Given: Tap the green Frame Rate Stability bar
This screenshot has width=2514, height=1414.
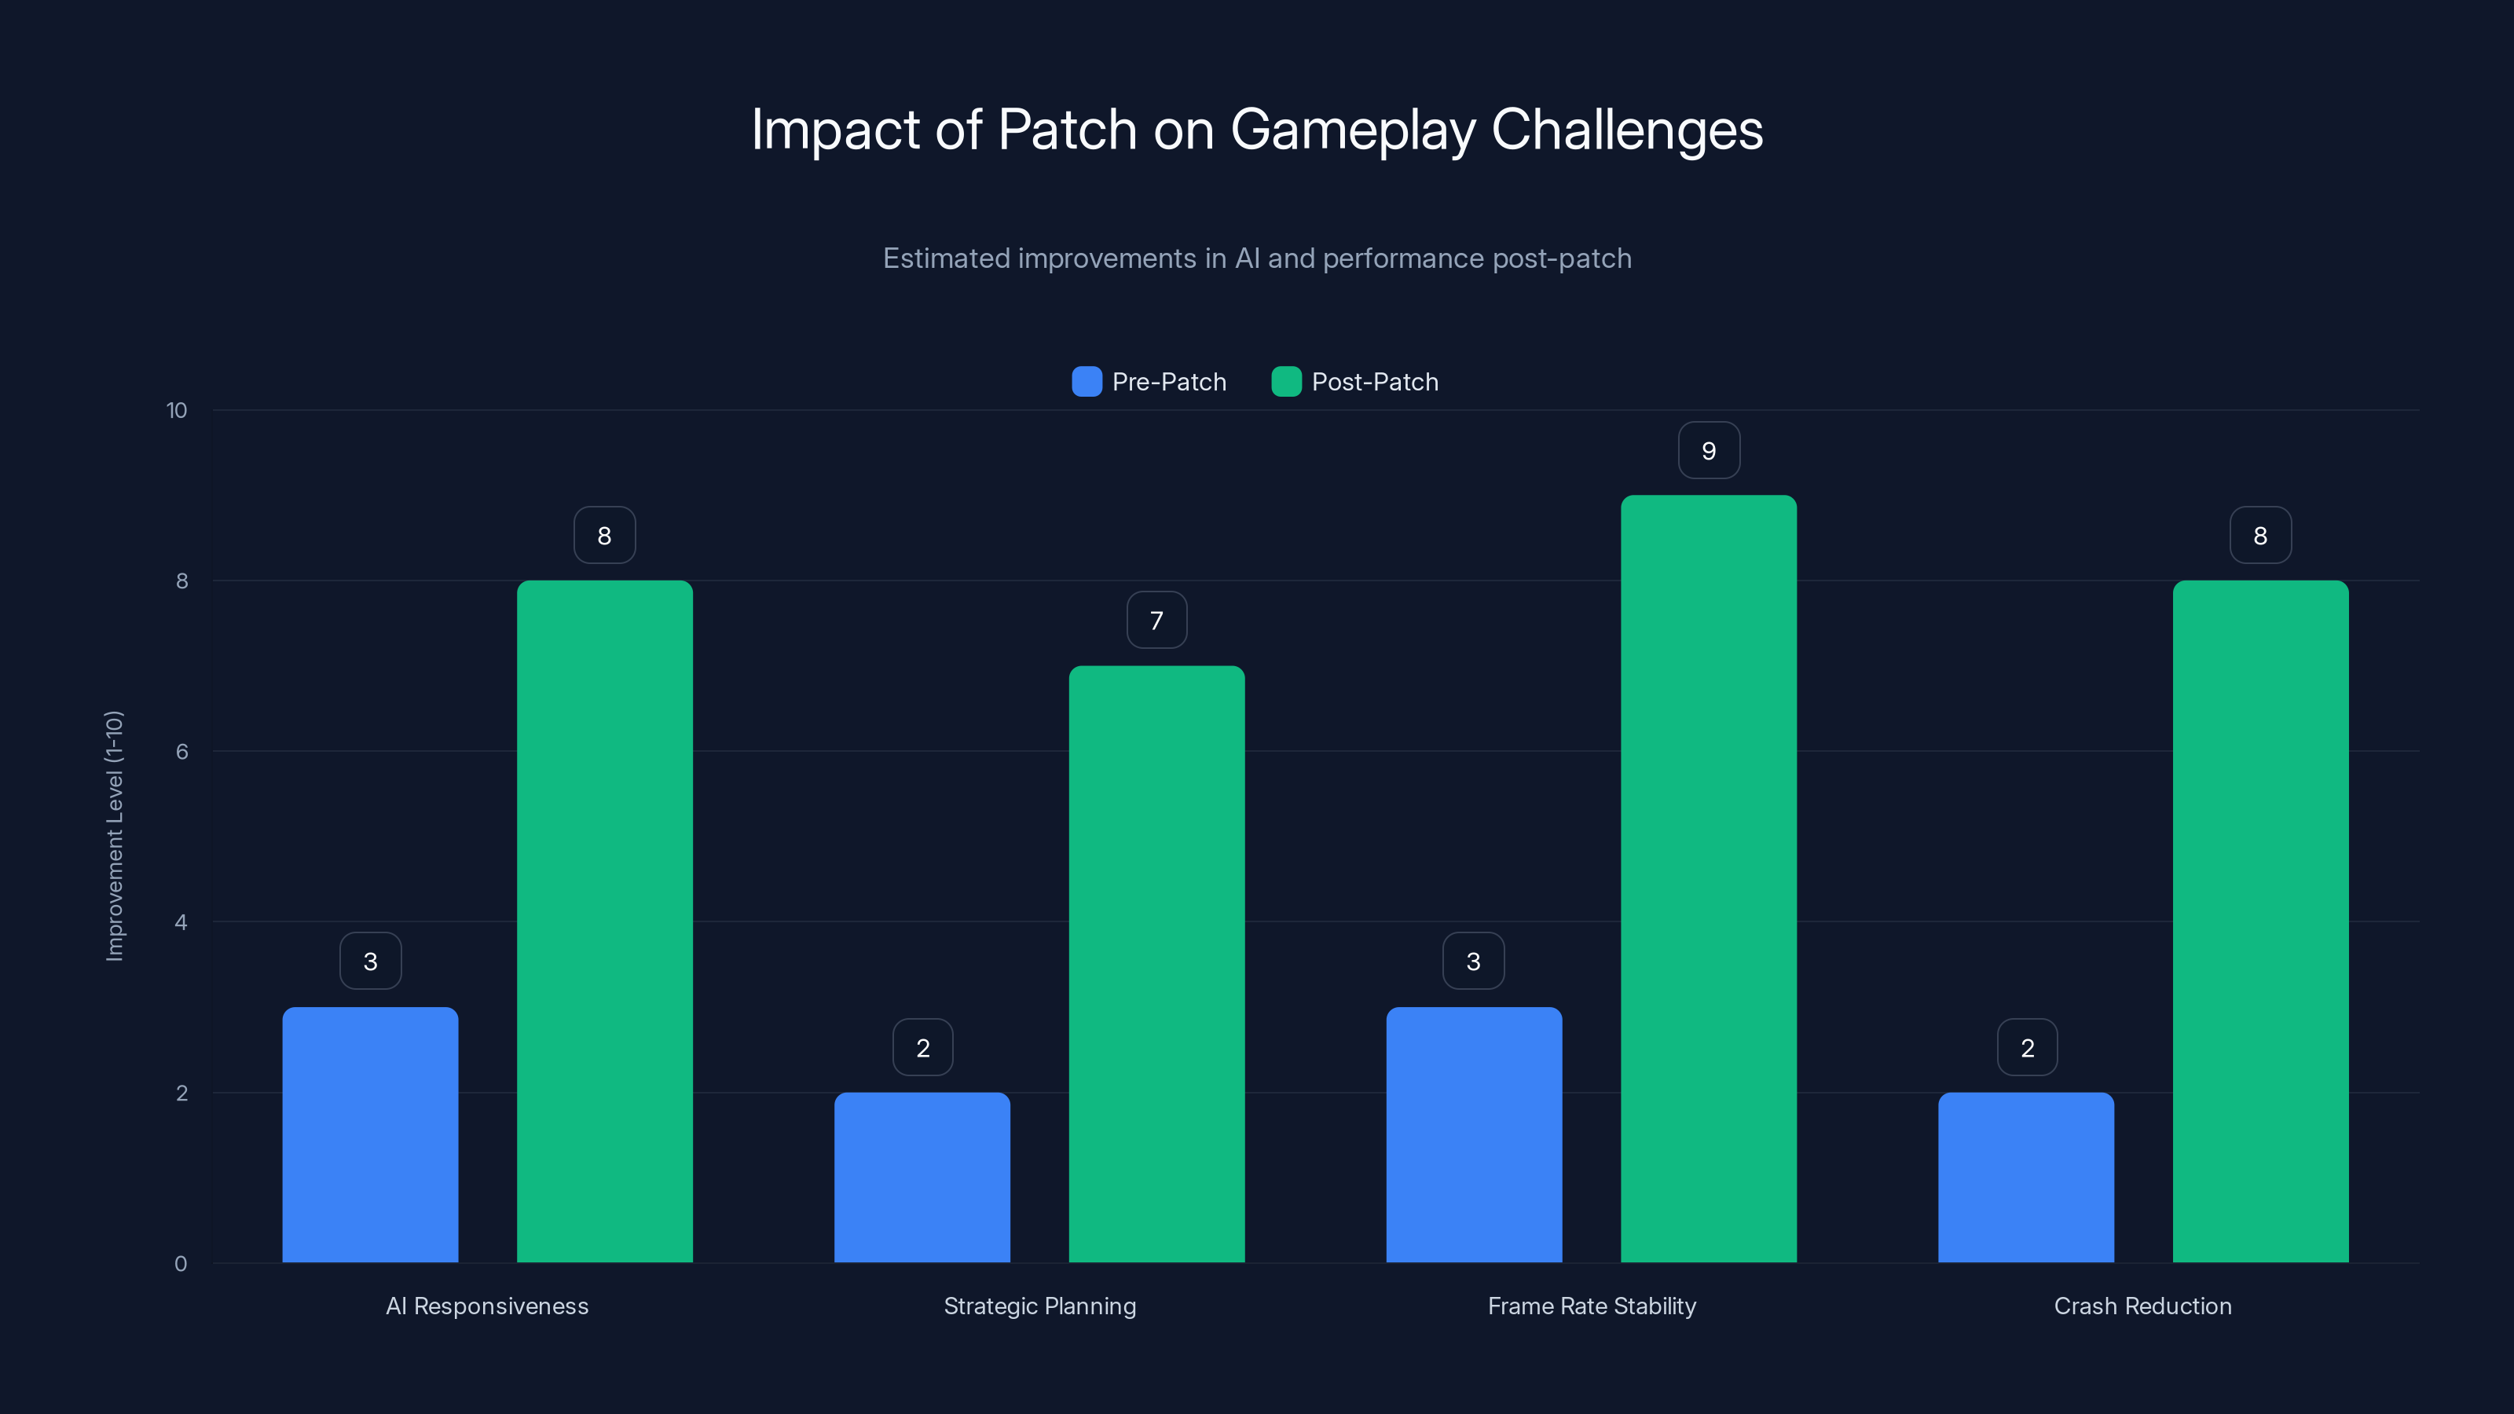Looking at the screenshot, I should point(1708,878).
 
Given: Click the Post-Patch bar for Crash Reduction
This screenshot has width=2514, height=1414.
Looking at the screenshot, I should point(2260,921).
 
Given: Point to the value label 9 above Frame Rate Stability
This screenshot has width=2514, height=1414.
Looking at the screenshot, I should point(1709,451).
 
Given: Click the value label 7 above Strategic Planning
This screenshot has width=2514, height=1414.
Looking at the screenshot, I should point(1156,621).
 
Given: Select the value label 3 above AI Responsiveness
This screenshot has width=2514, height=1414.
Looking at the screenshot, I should point(370,962).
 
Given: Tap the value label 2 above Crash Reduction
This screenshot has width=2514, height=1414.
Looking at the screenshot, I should point(2027,1048).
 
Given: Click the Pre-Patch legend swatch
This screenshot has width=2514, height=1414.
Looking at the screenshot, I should point(1087,382).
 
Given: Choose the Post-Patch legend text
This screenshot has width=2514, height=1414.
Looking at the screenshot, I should point(1374,382).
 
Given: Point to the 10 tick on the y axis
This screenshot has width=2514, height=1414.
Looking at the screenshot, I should point(177,411).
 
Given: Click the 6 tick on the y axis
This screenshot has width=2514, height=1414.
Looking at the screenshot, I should point(181,752).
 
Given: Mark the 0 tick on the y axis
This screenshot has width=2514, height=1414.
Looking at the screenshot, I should point(181,1264).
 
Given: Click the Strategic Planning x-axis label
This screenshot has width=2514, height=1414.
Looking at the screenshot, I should point(1039,1306).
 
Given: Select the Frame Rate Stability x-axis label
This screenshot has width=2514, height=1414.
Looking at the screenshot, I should point(1592,1306).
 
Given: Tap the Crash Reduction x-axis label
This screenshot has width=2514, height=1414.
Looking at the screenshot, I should point(2142,1306).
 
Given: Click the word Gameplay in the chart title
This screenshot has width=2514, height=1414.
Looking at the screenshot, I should point(1353,130).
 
